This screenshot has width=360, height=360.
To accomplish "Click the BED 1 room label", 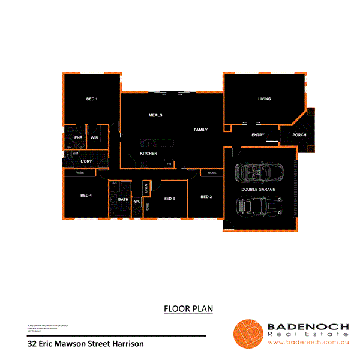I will [92, 98].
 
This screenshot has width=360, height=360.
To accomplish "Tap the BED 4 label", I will [86, 196].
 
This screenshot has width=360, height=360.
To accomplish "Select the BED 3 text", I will [169, 199].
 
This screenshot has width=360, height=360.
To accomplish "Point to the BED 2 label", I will [206, 197].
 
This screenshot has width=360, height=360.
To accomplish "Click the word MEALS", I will [156, 115].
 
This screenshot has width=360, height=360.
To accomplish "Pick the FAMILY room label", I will [200, 130].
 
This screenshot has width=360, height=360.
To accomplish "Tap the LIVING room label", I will [265, 99].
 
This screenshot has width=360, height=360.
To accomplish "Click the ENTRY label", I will [258, 135].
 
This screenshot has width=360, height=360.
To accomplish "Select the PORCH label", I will [299, 135].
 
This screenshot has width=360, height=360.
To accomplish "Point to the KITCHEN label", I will [149, 154].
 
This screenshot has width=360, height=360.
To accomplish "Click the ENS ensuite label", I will [78, 138].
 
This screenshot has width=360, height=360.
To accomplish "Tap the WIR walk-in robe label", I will [94, 138].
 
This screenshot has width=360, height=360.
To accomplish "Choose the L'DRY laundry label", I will [86, 161].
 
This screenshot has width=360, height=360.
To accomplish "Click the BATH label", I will [123, 200].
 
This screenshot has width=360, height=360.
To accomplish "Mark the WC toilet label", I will [137, 201].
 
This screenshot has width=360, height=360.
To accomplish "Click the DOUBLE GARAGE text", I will [259, 190].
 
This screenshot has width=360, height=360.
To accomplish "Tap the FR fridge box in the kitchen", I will [169, 164].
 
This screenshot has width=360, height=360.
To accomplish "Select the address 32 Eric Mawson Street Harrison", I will [86, 344].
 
